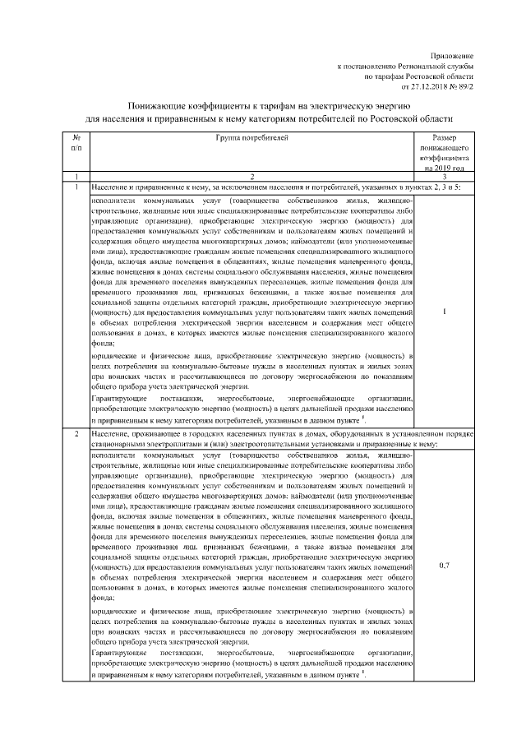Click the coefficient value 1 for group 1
445,312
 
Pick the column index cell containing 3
445,177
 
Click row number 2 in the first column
76,434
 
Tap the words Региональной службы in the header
435,65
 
